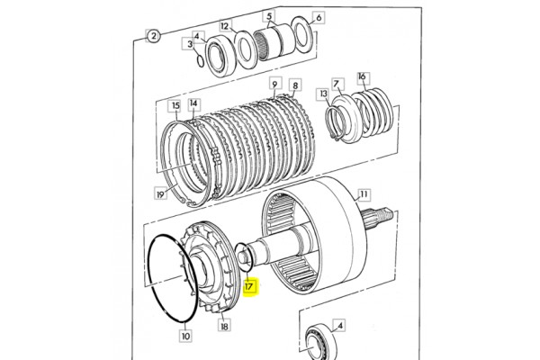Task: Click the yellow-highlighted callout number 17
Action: [x=249, y=287]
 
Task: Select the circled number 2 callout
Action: [x=153, y=36]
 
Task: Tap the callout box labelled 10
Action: [x=185, y=336]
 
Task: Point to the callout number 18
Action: [x=224, y=325]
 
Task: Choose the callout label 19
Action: [x=160, y=194]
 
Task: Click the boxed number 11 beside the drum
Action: [x=364, y=195]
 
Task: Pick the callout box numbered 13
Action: [x=323, y=94]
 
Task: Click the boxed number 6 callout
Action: [x=319, y=17]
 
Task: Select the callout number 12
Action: [x=224, y=26]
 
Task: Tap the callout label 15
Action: [x=175, y=105]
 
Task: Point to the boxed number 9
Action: [x=274, y=85]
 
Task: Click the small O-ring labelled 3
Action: [x=200, y=59]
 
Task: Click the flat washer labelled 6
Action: [x=302, y=35]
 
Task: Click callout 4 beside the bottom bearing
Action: [x=339, y=326]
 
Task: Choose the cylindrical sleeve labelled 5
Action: [x=274, y=41]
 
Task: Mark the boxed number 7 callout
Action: [x=337, y=84]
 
